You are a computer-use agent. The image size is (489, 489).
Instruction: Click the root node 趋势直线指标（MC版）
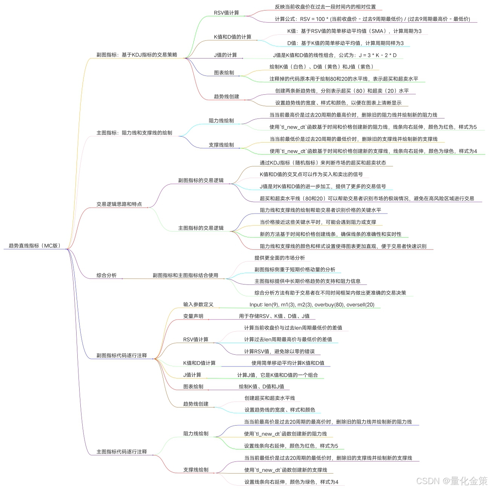tap(35, 246)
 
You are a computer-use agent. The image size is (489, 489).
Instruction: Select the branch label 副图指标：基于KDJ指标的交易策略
tap(137, 55)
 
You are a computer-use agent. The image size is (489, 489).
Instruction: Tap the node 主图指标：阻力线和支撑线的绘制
tap(134, 133)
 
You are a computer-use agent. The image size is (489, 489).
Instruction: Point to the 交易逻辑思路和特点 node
tap(119, 204)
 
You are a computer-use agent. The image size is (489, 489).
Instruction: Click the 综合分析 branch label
tap(106, 275)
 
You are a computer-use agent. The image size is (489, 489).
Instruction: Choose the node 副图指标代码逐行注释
tap(121, 355)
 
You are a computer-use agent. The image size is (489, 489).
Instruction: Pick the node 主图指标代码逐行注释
tap(121, 452)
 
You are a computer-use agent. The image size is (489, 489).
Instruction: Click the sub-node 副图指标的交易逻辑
tap(201, 180)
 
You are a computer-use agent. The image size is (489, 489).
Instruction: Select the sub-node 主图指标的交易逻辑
tap(201, 228)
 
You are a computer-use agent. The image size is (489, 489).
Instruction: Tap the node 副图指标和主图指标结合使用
tap(185, 275)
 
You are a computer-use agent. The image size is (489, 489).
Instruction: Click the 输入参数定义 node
tap(198, 304)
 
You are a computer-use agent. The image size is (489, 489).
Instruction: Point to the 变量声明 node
tap(193, 316)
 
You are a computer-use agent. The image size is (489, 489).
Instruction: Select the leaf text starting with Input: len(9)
tap(312, 304)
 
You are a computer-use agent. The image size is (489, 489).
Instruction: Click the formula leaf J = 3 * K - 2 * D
tap(335, 55)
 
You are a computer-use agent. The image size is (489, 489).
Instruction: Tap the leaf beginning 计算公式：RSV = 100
tap(372, 19)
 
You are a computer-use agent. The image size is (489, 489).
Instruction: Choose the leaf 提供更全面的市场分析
tap(280, 258)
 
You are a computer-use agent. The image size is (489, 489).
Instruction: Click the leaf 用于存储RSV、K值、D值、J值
tap(274, 316)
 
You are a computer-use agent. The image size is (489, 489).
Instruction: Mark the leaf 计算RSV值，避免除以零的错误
tap(279, 352)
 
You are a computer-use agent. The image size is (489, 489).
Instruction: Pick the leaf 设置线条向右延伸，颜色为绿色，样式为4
tap(291, 482)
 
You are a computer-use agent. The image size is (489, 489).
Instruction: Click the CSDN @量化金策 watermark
tap(452, 481)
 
